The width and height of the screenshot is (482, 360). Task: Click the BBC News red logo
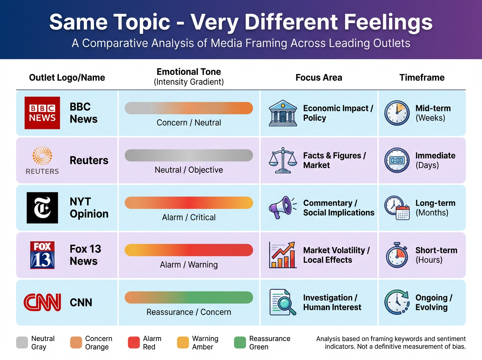coord(42,113)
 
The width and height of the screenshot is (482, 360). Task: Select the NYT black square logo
coord(42,208)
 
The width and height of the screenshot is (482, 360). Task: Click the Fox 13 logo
coord(42,255)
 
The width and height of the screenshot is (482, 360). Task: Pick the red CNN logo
coord(42,302)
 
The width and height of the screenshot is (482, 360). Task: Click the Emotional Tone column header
coord(189,72)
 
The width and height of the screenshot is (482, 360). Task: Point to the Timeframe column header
coord(422,78)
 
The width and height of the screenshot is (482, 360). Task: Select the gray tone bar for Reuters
coord(189,155)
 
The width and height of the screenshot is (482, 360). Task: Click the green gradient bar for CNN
coord(189,298)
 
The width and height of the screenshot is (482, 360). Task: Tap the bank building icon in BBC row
coord(283,113)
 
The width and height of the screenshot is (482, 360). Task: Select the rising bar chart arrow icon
coord(283,255)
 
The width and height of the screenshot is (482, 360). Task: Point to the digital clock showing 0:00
coord(397,160)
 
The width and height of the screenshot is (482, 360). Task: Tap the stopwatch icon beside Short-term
coord(397,255)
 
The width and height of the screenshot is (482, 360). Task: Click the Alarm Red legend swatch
coord(133,343)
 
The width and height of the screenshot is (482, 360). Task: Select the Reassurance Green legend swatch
coord(240,343)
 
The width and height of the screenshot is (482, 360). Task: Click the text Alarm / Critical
coord(189,217)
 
